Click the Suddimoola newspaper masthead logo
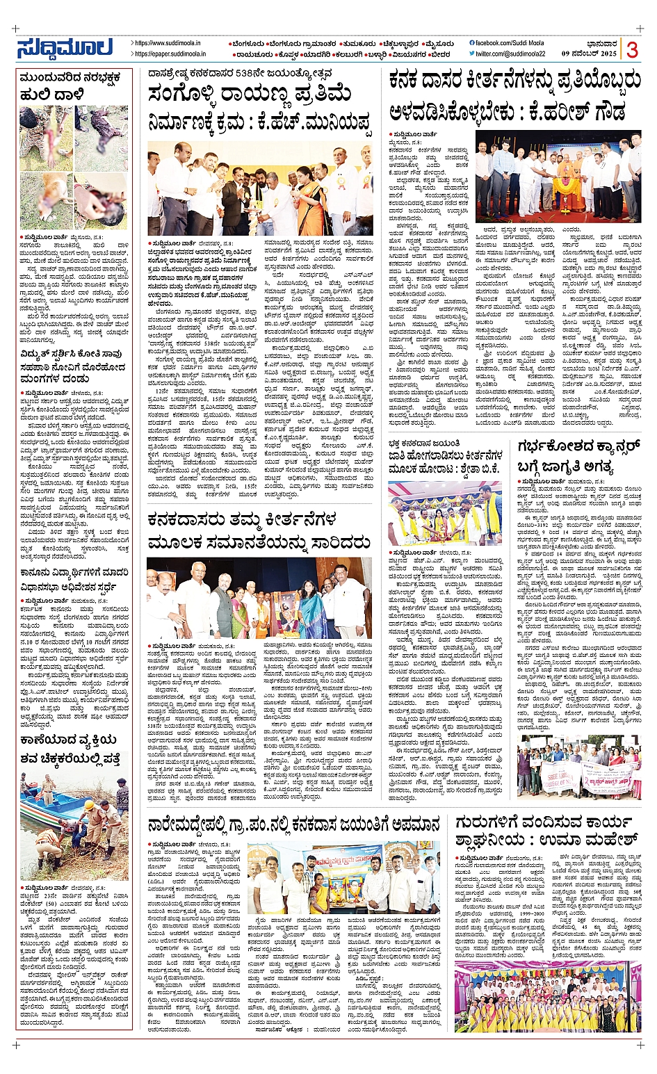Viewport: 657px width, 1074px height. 65,48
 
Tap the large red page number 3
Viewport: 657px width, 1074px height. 631,49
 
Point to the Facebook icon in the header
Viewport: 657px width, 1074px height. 472,43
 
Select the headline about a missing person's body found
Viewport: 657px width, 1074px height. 74,750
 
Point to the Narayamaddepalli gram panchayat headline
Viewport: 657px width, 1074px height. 294,824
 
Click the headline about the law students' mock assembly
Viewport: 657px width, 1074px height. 74,580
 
